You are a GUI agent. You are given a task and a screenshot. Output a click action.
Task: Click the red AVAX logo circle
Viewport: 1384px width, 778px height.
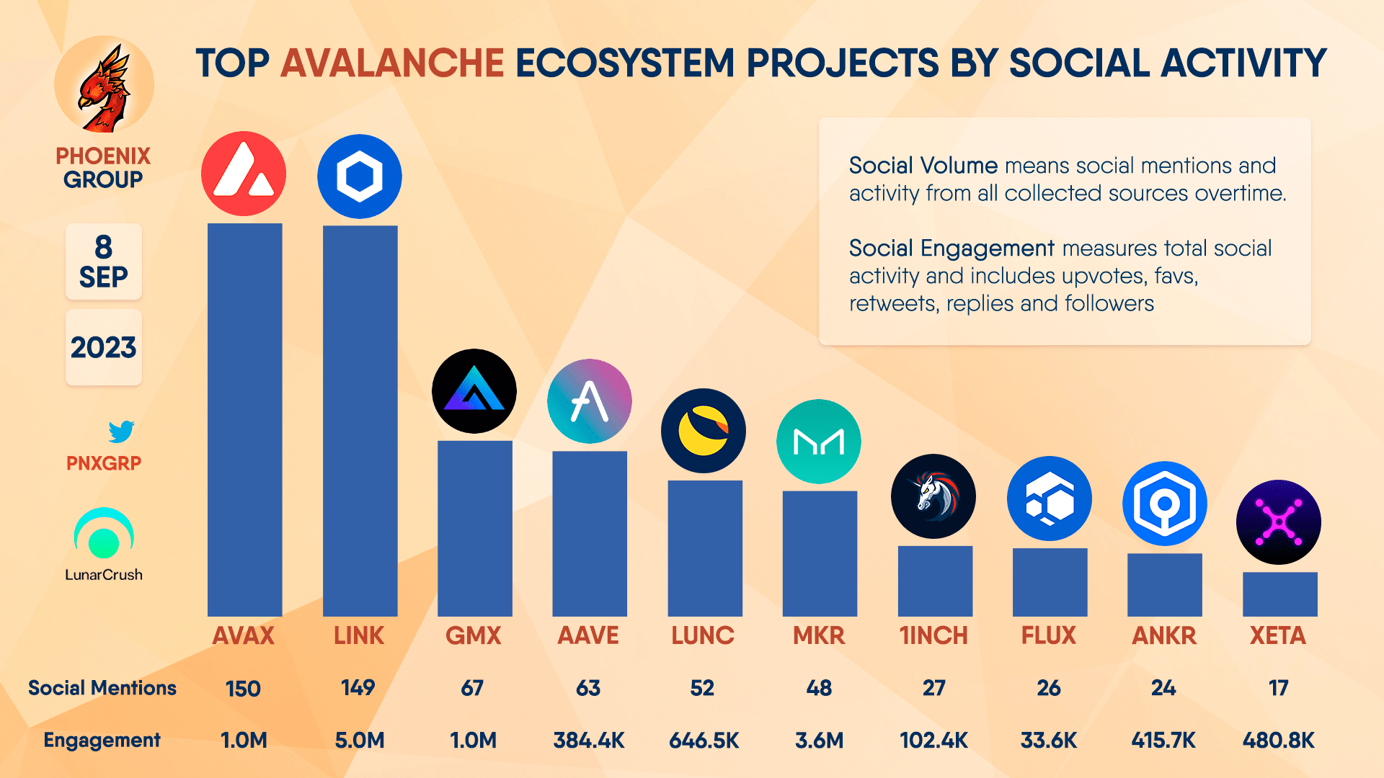[x=244, y=174]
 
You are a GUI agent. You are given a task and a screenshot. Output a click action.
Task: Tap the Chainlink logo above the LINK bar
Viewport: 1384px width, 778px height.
[x=360, y=176]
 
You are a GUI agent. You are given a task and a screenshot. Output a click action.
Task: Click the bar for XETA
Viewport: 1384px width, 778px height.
[x=1279, y=594]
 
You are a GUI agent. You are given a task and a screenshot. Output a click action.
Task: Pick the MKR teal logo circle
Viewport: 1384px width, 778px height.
[x=819, y=442]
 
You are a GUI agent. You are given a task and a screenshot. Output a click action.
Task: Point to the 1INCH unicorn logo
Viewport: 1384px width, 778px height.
[x=933, y=496]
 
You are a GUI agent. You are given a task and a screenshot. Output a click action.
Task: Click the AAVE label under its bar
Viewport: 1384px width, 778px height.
[x=588, y=635]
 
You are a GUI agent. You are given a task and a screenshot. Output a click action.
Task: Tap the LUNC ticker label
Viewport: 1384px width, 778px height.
[x=703, y=635]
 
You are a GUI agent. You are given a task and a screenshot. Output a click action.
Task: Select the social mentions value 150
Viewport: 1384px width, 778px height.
[x=243, y=689]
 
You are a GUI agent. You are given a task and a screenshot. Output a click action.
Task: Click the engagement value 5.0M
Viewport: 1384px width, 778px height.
[x=360, y=740]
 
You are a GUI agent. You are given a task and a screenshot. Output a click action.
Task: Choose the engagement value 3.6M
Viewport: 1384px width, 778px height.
[x=819, y=740]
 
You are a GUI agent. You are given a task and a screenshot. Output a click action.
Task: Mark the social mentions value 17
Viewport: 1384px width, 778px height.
[x=1279, y=688]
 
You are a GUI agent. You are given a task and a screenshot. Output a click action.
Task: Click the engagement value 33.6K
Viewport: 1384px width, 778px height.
[x=1049, y=740]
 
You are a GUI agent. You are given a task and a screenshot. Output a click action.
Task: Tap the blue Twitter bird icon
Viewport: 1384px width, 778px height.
[x=121, y=432]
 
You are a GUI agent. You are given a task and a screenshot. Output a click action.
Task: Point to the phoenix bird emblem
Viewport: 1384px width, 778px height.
[x=105, y=86]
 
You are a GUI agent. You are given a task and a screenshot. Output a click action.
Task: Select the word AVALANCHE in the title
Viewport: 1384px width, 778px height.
[x=392, y=63]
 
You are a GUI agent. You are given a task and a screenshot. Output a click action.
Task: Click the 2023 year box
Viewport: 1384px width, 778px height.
[x=104, y=347]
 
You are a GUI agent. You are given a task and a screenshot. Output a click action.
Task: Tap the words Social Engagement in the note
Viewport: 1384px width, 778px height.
[x=951, y=249]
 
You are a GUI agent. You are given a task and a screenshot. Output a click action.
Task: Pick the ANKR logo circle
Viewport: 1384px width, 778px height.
[x=1164, y=504]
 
